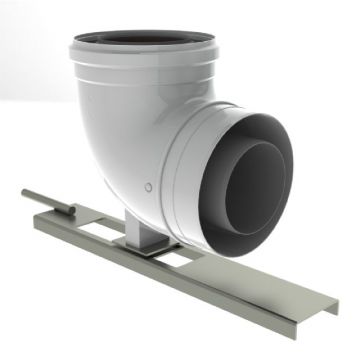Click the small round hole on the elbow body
pyautogui.click(x=148, y=187)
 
